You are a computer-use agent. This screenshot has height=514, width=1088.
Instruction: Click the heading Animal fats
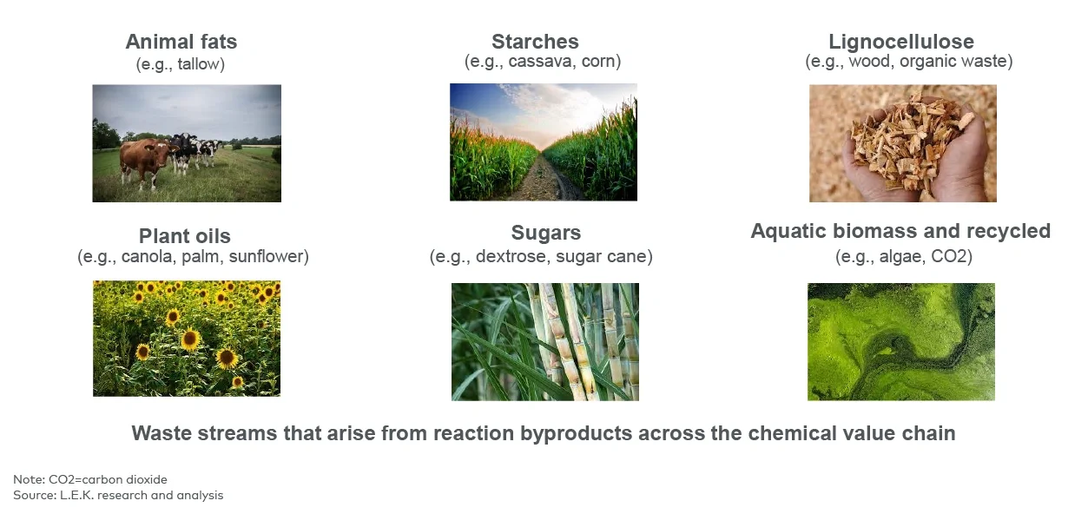point(181,42)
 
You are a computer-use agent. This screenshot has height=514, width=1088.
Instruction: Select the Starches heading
point(535,42)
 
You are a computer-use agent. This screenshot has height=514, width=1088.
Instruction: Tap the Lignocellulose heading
point(900,42)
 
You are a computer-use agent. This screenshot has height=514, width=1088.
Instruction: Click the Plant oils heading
point(184,236)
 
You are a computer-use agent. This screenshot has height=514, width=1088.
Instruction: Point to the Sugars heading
point(545,233)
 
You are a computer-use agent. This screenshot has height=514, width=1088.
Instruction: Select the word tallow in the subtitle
point(199,64)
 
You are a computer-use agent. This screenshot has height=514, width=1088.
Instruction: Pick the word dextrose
point(507,257)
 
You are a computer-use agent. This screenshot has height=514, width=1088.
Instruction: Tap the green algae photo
point(900,341)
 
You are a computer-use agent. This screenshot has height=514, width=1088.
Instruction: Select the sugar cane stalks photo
point(544,341)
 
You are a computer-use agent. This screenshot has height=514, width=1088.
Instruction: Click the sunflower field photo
point(186,338)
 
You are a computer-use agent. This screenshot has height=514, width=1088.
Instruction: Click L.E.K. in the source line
point(71,495)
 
